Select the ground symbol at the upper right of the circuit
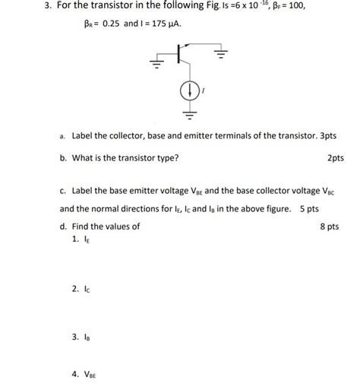click(x=220, y=54)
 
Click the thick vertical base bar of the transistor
click(x=178, y=53)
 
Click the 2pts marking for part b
click(x=335, y=158)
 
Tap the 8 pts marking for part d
click(x=330, y=226)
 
